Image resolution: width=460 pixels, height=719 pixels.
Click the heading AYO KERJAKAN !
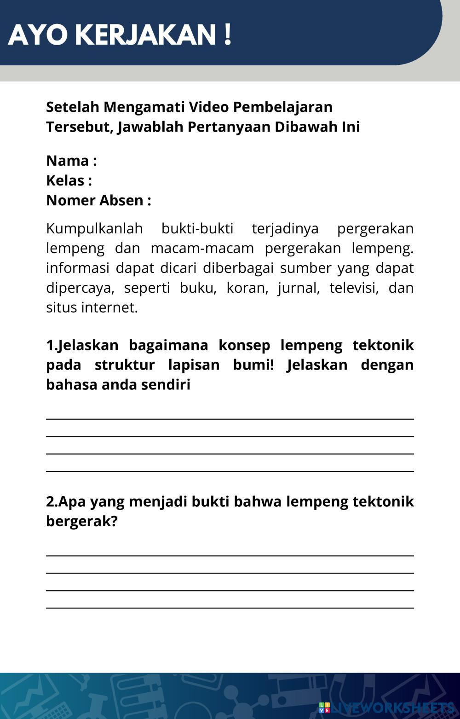coord(120,35)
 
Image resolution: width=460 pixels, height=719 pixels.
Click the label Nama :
coord(71,161)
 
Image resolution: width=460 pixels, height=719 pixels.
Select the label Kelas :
coord(69,180)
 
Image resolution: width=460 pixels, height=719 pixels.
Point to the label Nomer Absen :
coord(98,200)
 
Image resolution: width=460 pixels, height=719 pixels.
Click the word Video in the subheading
coord(209,107)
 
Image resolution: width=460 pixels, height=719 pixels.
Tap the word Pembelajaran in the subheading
coord(282,107)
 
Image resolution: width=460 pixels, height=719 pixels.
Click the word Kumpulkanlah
coord(94,228)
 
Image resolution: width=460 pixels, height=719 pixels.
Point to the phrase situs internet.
coord(92,307)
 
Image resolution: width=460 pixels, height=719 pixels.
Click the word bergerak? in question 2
coord(82,521)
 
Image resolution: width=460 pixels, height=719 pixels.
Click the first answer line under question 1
coord(230,418)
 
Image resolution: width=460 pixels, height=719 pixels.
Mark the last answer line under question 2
coord(230,608)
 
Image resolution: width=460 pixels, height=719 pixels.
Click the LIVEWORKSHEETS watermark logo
coord(386,707)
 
